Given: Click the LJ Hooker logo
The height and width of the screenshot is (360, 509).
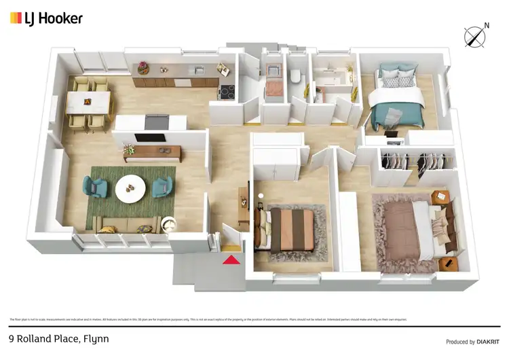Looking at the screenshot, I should tap(45, 18).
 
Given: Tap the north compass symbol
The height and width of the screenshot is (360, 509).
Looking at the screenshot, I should tap(476, 35).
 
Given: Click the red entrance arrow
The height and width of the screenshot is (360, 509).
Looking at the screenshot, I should tap(231, 258).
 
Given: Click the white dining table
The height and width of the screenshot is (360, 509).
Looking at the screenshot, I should tap(88, 103).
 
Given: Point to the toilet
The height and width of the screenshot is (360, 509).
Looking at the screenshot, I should tap(295, 78).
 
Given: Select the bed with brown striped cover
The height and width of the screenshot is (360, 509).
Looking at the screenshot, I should tap(290, 229).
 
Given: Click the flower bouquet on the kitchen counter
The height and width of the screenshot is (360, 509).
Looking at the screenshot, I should tap(143, 67).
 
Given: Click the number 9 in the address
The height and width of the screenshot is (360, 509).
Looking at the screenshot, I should tap(11, 338).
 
